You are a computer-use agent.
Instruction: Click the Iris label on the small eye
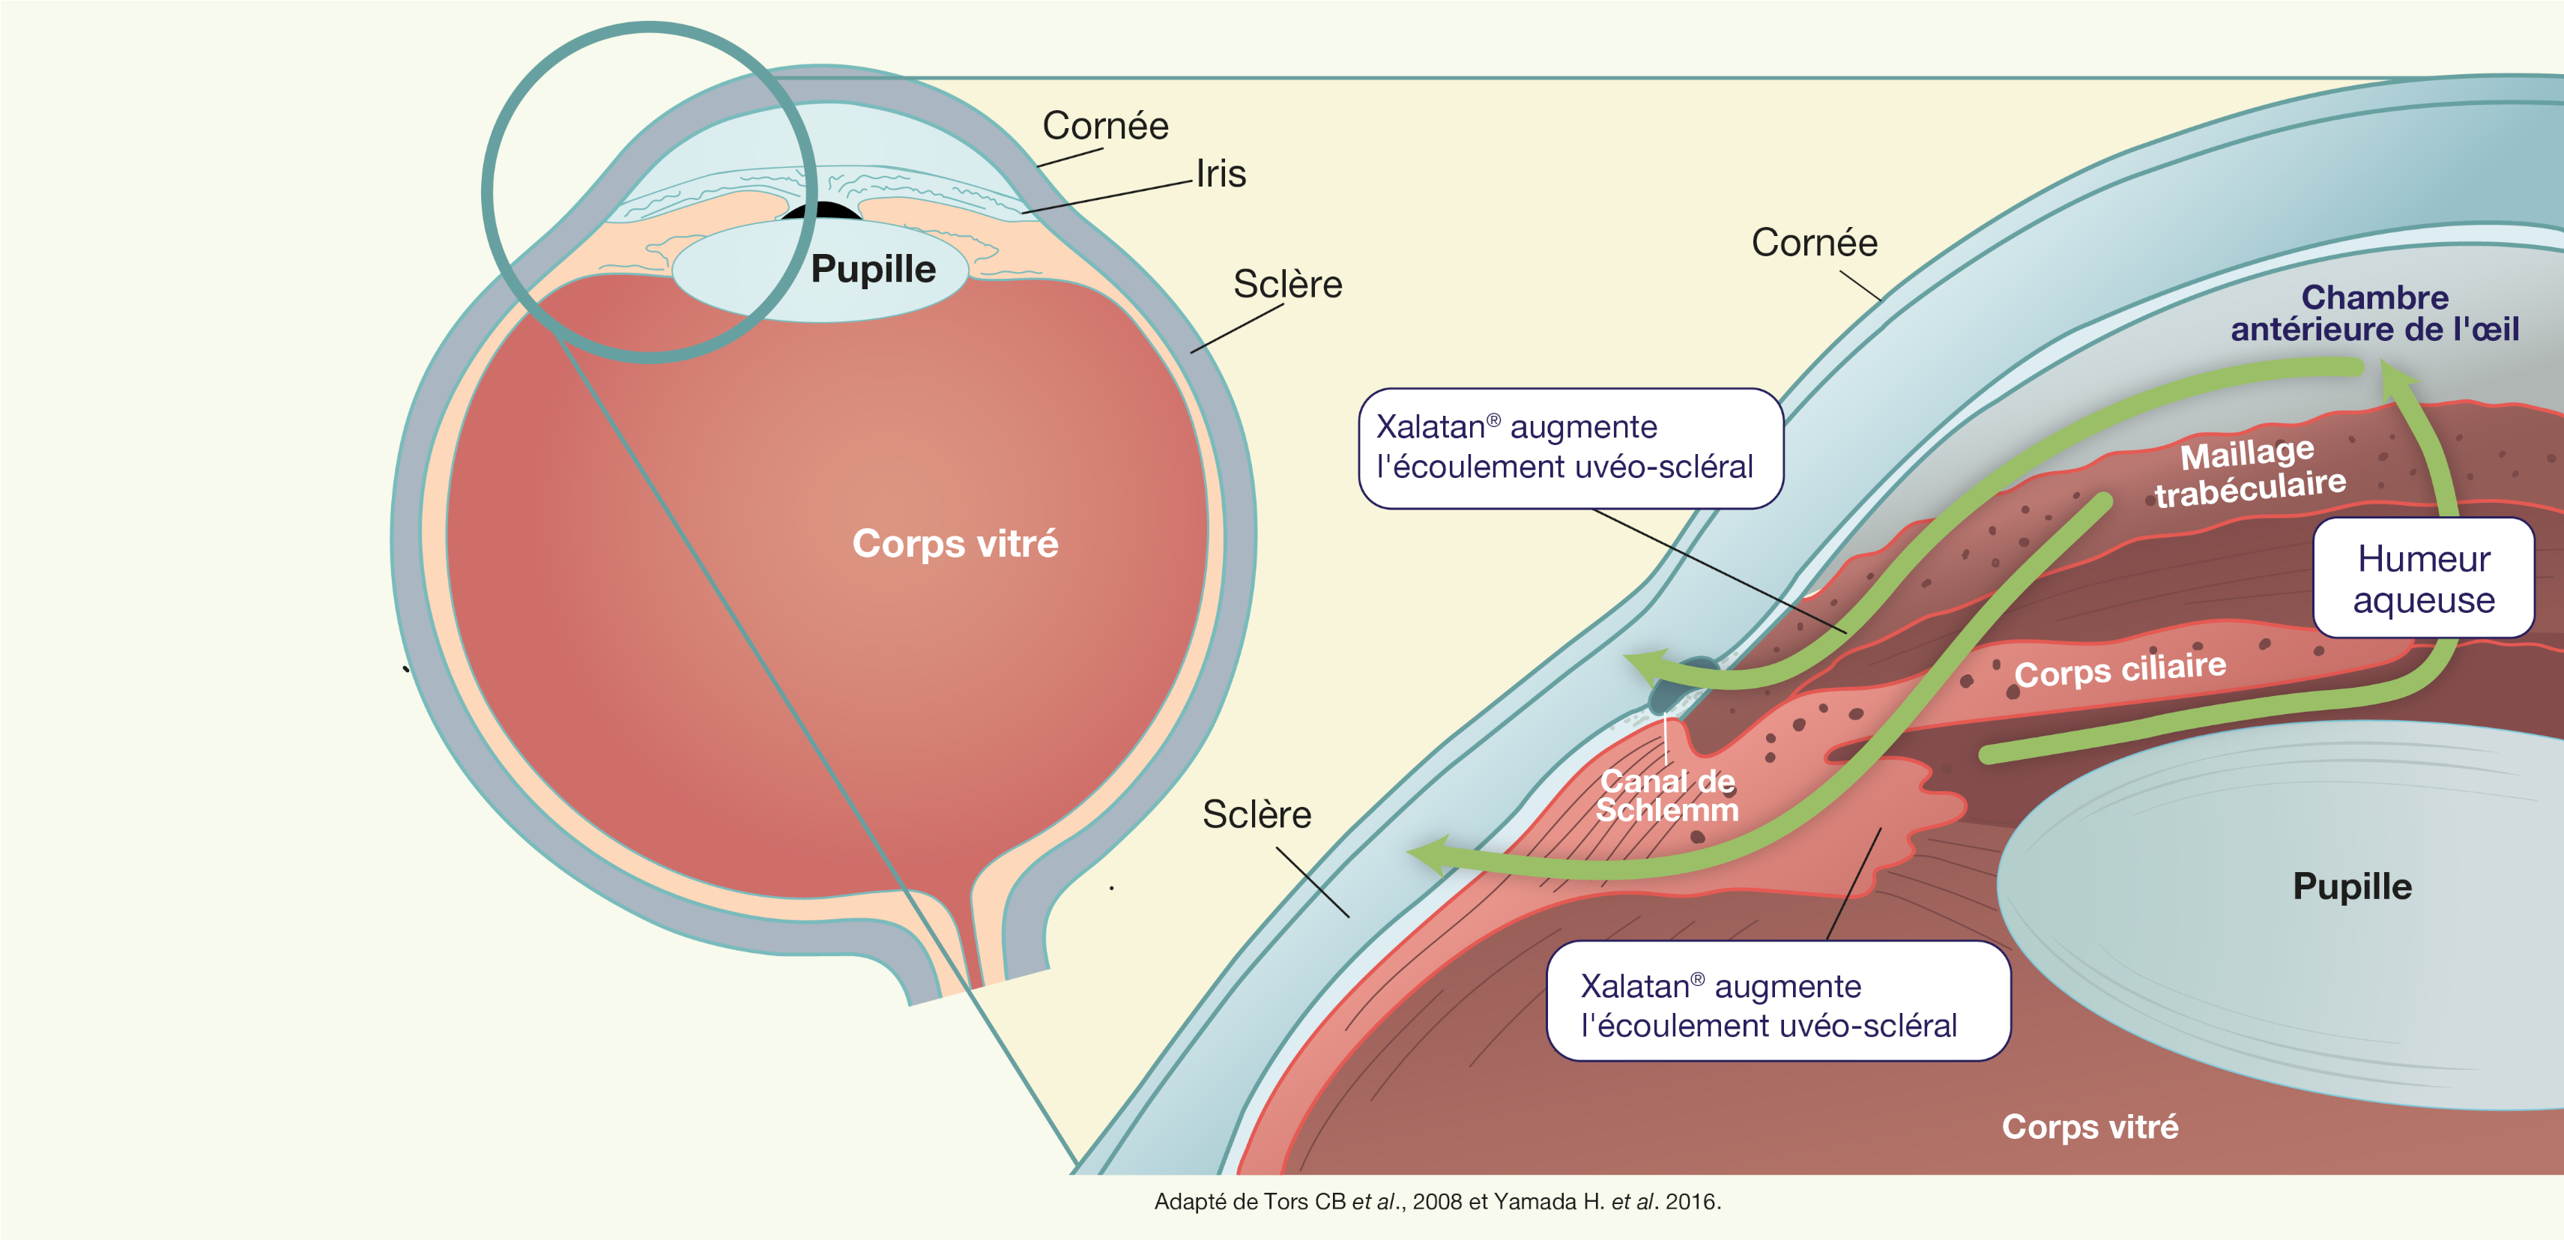tap(1221, 174)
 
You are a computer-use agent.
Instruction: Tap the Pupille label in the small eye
tap(873, 270)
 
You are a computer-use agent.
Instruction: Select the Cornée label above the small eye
tap(1105, 127)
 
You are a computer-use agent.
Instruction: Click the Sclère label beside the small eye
tap(1287, 285)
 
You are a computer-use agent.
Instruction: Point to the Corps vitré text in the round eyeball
tap(955, 543)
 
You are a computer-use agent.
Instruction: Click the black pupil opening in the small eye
tap(820, 210)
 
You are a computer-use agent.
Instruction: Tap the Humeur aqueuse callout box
tap(2424, 577)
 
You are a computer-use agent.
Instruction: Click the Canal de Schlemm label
tap(1667, 795)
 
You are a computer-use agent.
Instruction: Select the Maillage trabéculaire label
tap(2249, 472)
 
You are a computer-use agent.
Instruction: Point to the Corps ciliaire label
tap(2120, 669)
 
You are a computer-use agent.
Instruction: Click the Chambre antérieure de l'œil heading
tap(2375, 312)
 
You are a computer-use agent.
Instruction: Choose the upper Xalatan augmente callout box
tap(1570, 448)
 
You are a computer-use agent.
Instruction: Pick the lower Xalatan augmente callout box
tap(1779, 1001)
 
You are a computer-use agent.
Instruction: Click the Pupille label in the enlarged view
tap(2352, 886)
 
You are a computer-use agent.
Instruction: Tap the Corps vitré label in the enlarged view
tap(2090, 1127)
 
